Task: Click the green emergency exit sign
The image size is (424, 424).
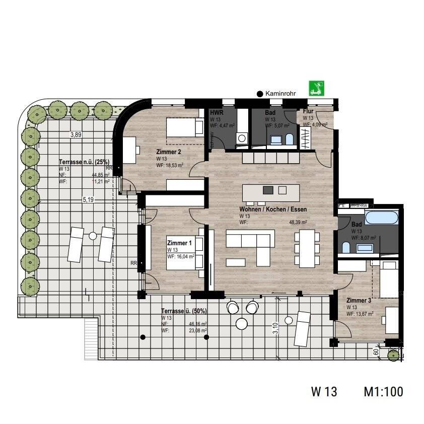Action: point(317,89)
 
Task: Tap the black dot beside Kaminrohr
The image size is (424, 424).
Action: point(260,94)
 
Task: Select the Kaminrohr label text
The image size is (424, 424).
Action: point(281,93)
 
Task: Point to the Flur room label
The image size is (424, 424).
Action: point(308,113)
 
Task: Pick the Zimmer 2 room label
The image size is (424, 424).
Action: point(169,151)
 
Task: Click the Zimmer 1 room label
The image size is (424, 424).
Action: point(179,243)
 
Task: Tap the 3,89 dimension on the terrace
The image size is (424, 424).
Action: point(76,134)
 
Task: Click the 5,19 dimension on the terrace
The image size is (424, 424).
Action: point(89,199)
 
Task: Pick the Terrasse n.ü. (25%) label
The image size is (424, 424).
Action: point(84,162)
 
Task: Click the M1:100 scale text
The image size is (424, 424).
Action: point(383,391)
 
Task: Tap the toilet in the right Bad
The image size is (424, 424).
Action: point(346,247)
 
